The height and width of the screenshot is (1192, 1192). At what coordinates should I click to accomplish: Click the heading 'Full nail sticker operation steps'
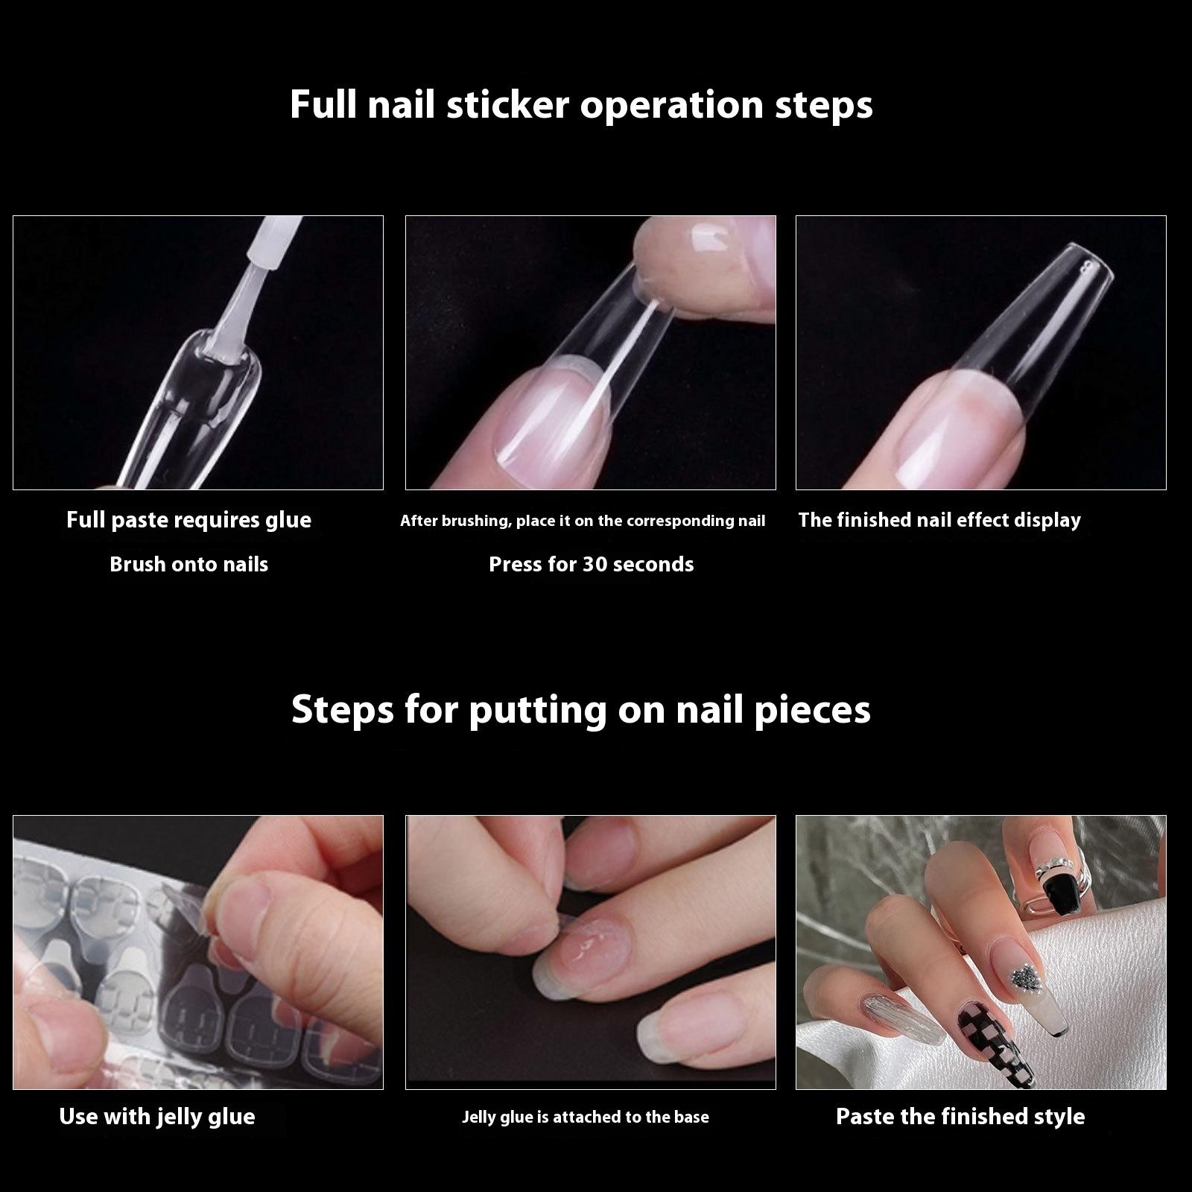click(581, 105)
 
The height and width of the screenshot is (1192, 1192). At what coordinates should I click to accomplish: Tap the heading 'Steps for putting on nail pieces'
click(581, 710)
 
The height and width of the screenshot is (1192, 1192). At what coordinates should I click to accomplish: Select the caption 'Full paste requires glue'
click(188, 520)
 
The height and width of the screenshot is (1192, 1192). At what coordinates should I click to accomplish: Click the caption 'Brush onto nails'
click(188, 564)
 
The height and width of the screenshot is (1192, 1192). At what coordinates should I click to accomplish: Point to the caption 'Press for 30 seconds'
click(591, 564)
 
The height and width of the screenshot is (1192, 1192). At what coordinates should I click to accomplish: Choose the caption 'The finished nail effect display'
click(939, 520)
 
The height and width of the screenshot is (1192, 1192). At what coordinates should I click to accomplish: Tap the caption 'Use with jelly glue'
click(157, 1117)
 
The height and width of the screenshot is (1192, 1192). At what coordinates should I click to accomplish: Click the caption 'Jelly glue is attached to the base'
click(585, 1117)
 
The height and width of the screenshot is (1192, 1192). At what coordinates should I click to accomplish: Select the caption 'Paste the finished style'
click(960, 1116)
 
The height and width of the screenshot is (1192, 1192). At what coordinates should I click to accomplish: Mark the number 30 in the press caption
click(595, 564)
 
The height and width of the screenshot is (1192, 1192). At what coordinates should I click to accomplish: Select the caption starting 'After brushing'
click(583, 521)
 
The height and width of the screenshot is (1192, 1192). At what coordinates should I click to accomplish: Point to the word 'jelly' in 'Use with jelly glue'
click(183, 1117)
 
